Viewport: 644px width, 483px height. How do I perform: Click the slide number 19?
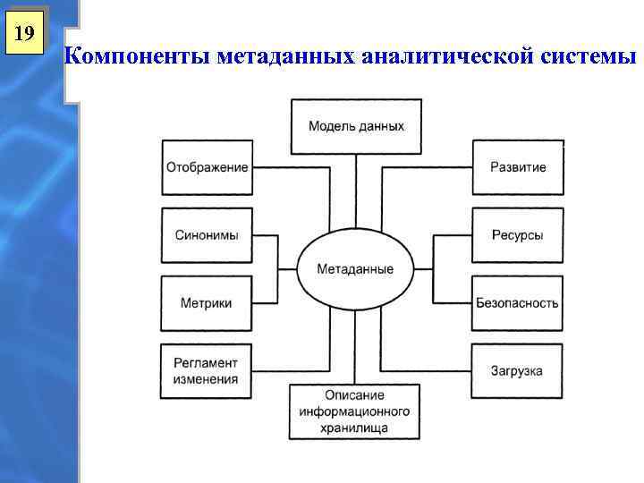(x=25, y=35)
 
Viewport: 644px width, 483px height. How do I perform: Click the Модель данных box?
(x=356, y=126)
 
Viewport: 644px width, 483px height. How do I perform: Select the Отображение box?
(x=207, y=167)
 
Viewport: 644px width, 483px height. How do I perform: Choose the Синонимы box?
(x=207, y=235)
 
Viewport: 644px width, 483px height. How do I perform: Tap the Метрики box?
(x=207, y=303)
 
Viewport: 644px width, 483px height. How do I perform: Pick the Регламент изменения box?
(x=207, y=370)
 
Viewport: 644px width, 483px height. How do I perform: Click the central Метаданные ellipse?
(x=355, y=269)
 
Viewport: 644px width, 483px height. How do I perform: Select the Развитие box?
(x=518, y=167)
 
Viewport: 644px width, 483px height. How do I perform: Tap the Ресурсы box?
(x=518, y=235)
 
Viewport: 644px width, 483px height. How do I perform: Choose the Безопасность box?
(x=518, y=303)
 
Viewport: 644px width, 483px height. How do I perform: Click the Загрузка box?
(x=518, y=370)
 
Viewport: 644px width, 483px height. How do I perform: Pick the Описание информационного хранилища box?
(x=356, y=411)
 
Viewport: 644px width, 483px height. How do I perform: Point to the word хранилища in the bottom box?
(x=356, y=428)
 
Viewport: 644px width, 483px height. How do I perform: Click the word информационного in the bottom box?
(x=356, y=411)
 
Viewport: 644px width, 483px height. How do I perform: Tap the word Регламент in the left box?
(x=207, y=362)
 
